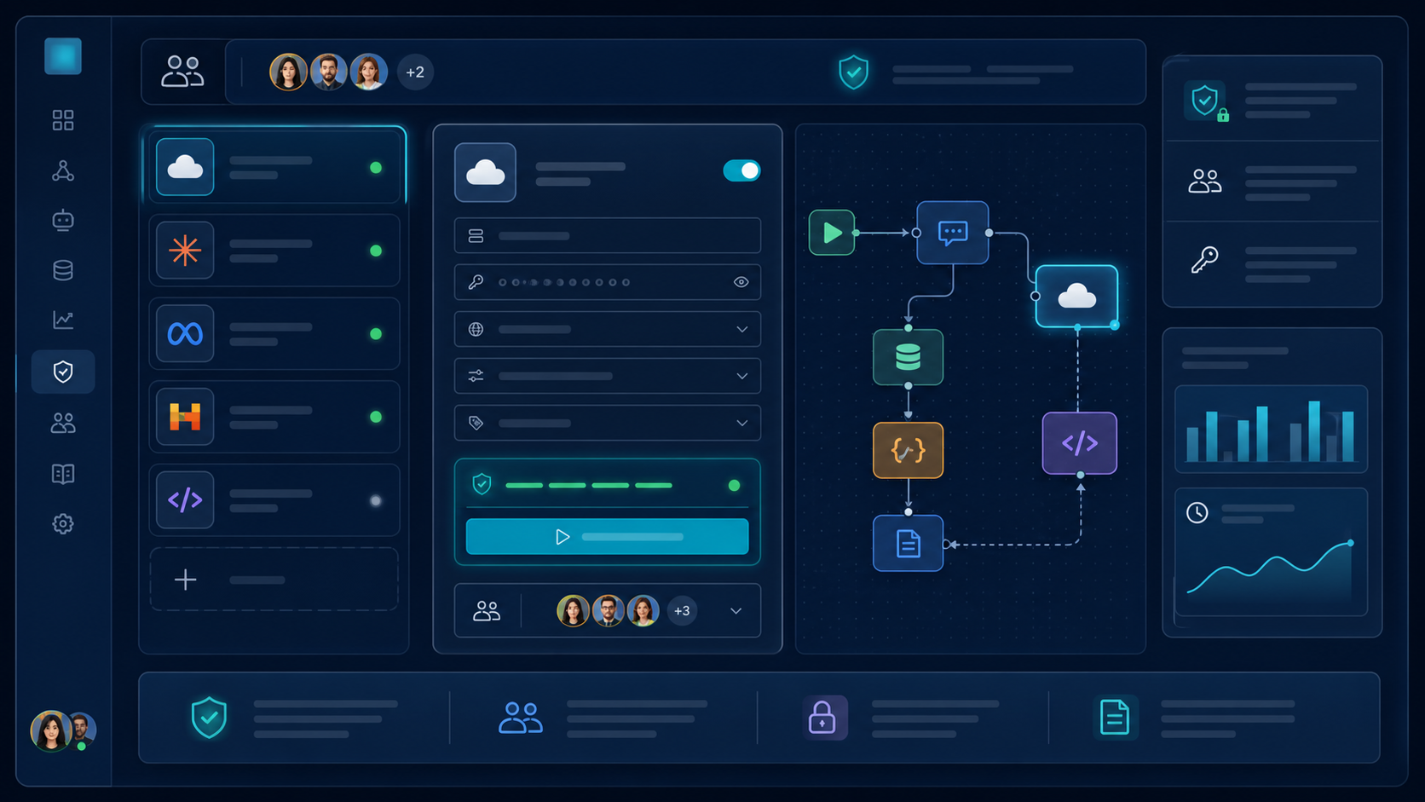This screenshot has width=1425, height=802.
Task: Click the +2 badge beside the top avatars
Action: (415, 72)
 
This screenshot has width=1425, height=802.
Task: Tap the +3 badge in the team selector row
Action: (681, 610)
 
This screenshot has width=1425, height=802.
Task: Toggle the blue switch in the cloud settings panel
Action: (741, 170)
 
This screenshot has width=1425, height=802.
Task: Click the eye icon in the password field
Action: (741, 282)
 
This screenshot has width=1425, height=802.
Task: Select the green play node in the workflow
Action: (832, 233)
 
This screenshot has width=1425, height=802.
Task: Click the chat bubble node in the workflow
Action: (952, 233)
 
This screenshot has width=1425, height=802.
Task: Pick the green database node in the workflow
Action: (908, 357)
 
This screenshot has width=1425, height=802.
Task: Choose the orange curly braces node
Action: (908, 450)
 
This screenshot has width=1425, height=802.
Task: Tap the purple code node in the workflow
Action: (1080, 443)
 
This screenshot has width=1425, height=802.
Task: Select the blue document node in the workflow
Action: (908, 543)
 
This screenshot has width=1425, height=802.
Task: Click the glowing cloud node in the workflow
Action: (1076, 297)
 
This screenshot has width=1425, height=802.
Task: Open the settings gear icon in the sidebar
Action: (63, 524)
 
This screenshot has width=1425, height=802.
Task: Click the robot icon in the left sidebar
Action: (63, 220)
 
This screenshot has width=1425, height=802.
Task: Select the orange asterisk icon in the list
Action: (185, 251)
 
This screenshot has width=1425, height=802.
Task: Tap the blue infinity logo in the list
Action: (185, 334)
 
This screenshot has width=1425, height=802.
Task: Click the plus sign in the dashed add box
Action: (185, 580)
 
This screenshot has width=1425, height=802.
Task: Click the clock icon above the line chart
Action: (1197, 512)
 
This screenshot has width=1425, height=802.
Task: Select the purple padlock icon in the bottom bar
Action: (822, 718)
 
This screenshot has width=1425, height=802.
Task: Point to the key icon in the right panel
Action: (1204, 259)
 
